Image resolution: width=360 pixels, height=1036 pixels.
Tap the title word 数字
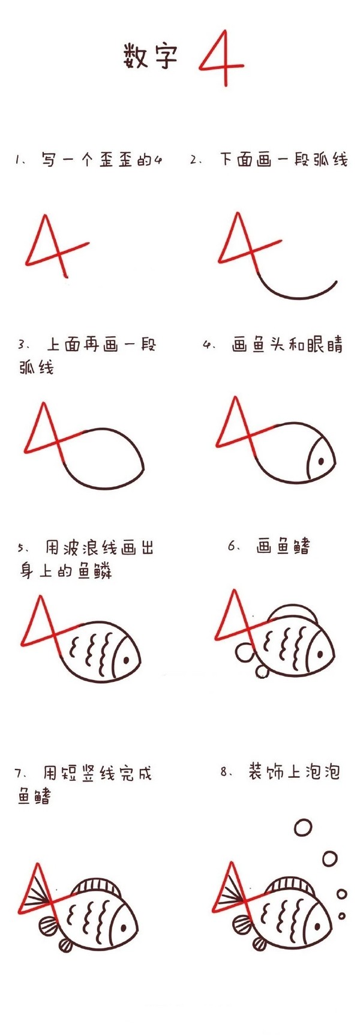coord(151,56)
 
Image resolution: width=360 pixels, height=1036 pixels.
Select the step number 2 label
coord(194,160)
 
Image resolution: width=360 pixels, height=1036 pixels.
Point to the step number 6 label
coord(232,545)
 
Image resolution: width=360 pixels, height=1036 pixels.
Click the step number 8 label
coord(225,772)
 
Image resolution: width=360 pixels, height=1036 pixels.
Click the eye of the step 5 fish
coord(127,658)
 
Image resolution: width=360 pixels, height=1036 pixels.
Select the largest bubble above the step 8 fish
coord(303,827)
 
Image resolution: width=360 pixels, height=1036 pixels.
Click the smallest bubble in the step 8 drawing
coord(341,916)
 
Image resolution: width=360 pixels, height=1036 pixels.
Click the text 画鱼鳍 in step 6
coord(283,546)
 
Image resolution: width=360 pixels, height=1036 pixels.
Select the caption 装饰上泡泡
coord(294,772)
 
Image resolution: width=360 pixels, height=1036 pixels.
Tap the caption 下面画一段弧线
coord(283,160)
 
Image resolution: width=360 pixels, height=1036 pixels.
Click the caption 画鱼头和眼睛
coord(287,346)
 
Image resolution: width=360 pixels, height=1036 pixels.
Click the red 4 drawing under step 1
coord(57,246)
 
